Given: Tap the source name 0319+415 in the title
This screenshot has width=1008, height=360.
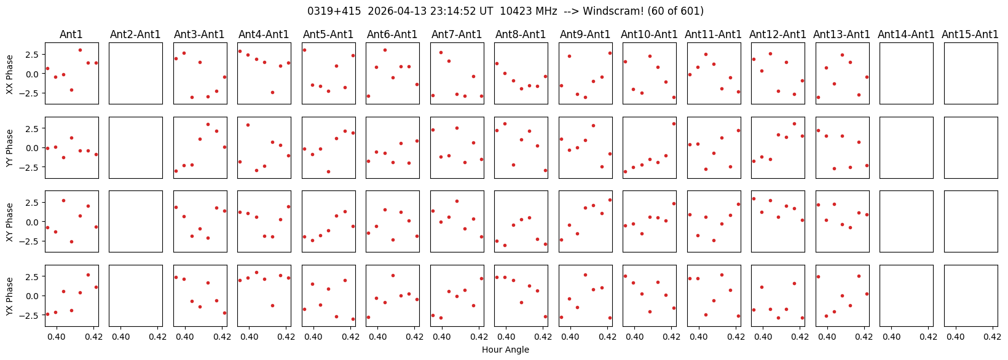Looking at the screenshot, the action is pyautogui.click(x=334, y=11).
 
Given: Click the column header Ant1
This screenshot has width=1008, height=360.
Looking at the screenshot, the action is pyautogui.click(x=71, y=34).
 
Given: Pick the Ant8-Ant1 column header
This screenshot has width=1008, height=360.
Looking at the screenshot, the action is pyautogui.click(x=521, y=34).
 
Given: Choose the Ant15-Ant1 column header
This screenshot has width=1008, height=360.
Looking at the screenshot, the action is pyautogui.click(x=971, y=34).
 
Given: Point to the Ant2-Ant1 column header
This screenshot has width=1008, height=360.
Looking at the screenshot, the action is pyautogui.click(x=135, y=34).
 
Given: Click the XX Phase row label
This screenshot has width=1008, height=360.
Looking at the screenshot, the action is pyautogui.click(x=10, y=74).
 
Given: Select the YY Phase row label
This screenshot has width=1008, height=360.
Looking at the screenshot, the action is pyautogui.click(x=10, y=148).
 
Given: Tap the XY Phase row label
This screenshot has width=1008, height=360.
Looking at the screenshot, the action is pyautogui.click(x=10, y=222).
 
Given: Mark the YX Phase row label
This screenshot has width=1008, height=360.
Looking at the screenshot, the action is pyautogui.click(x=10, y=296).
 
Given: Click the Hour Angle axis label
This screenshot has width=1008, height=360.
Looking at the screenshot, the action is pyautogui.click(x=505, y=350).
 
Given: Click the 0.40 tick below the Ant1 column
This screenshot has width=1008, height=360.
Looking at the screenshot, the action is pyautogui.click(x=57, y=336).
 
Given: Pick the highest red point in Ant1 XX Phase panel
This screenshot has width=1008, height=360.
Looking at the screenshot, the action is pyautogui.click(x=80, y=50).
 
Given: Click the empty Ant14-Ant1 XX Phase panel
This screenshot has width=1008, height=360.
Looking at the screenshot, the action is pyautogui.click(x=907, y=73).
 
